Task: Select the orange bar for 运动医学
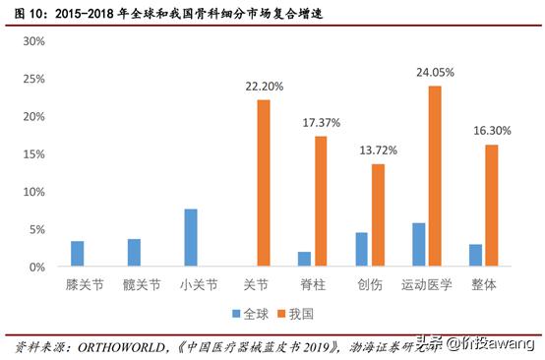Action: pyautogui.click(x=435, y=176)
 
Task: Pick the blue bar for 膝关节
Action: pyautogui.click(x=78, y=254)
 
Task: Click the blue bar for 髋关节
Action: pyautogui.click(x=134, y=253)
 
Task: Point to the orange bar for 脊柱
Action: pyautogui.click(x=321, y=202)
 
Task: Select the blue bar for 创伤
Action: pyautogui.click(x=361, y=250)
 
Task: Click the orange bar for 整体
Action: pyautogui.click(x=491, y=206)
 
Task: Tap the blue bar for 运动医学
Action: pyautogui.click(x=418, y=245)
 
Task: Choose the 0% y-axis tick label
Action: pyautogui.click(x=37, y=268)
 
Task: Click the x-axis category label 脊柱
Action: pyautogui.click(x=313, y=286)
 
